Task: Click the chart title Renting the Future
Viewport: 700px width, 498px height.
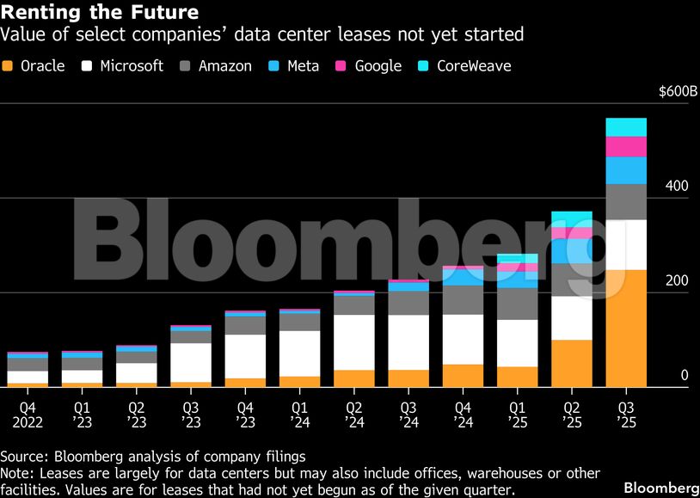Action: pos(100,13)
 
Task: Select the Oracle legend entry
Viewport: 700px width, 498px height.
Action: pos(34,66)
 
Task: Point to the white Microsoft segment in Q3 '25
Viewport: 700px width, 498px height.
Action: pos(626,245)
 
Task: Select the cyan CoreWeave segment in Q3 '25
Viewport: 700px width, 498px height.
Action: pos(626,127)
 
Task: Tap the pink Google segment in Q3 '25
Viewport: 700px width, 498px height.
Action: pos(626,147)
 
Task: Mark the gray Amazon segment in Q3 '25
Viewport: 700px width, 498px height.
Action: pos(626,202)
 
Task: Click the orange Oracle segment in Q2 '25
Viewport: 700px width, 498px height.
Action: pos(572,364)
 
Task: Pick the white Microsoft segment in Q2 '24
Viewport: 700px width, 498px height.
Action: pos(354,342)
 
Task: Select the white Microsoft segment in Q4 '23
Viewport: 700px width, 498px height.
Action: pos(245,356)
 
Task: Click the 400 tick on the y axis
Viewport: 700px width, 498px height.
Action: pos(678,187)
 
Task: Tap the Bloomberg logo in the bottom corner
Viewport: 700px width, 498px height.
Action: pos(660,488)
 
